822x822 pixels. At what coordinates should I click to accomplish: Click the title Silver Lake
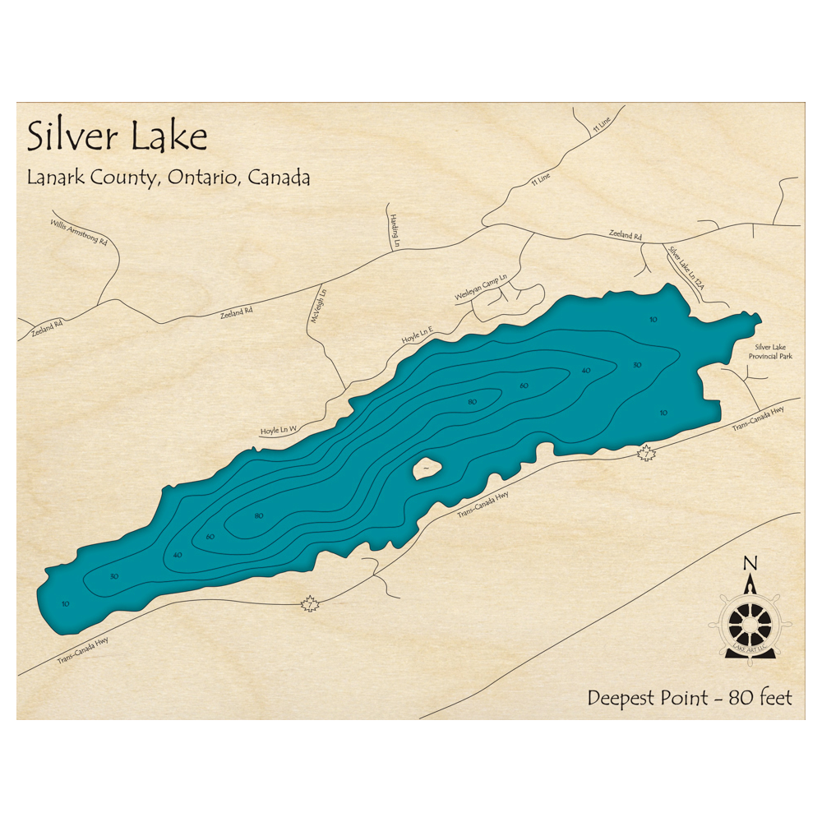click(117, 136)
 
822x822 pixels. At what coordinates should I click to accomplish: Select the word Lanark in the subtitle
click(55, 177)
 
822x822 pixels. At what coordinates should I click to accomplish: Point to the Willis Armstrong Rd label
click(79, 233)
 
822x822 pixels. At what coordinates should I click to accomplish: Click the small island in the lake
click(428, 469)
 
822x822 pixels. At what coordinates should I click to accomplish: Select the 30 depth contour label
click(113, 575)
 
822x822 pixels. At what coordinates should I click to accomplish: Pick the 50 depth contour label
click(637, 364)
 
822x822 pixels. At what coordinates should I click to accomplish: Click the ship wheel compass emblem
click(750, 624)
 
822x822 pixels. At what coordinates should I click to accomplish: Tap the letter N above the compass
click(750, 563)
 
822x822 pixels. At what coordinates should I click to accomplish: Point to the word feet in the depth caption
click(775, 698)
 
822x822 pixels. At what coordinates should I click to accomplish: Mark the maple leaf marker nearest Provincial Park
click(648, 452)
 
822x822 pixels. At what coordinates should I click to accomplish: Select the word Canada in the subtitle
click(282, 177)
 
